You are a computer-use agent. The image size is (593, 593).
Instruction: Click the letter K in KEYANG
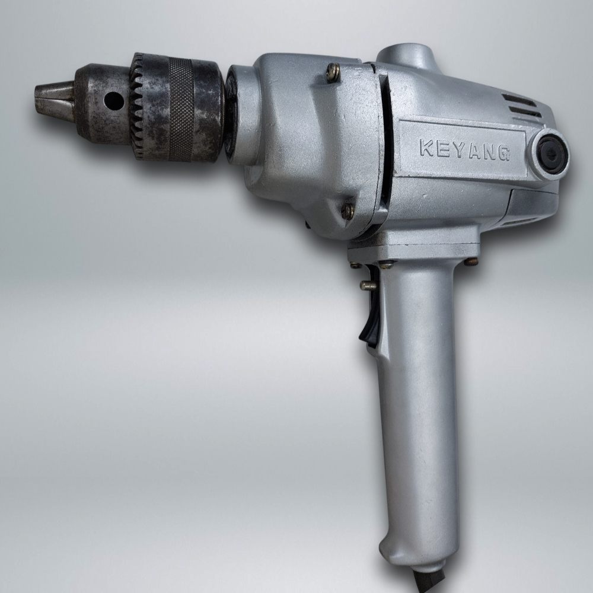click(x=426, y=148)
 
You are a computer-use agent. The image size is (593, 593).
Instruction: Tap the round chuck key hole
click(x=114, y=100)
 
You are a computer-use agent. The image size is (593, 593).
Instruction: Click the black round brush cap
click(x=549, y=154)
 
